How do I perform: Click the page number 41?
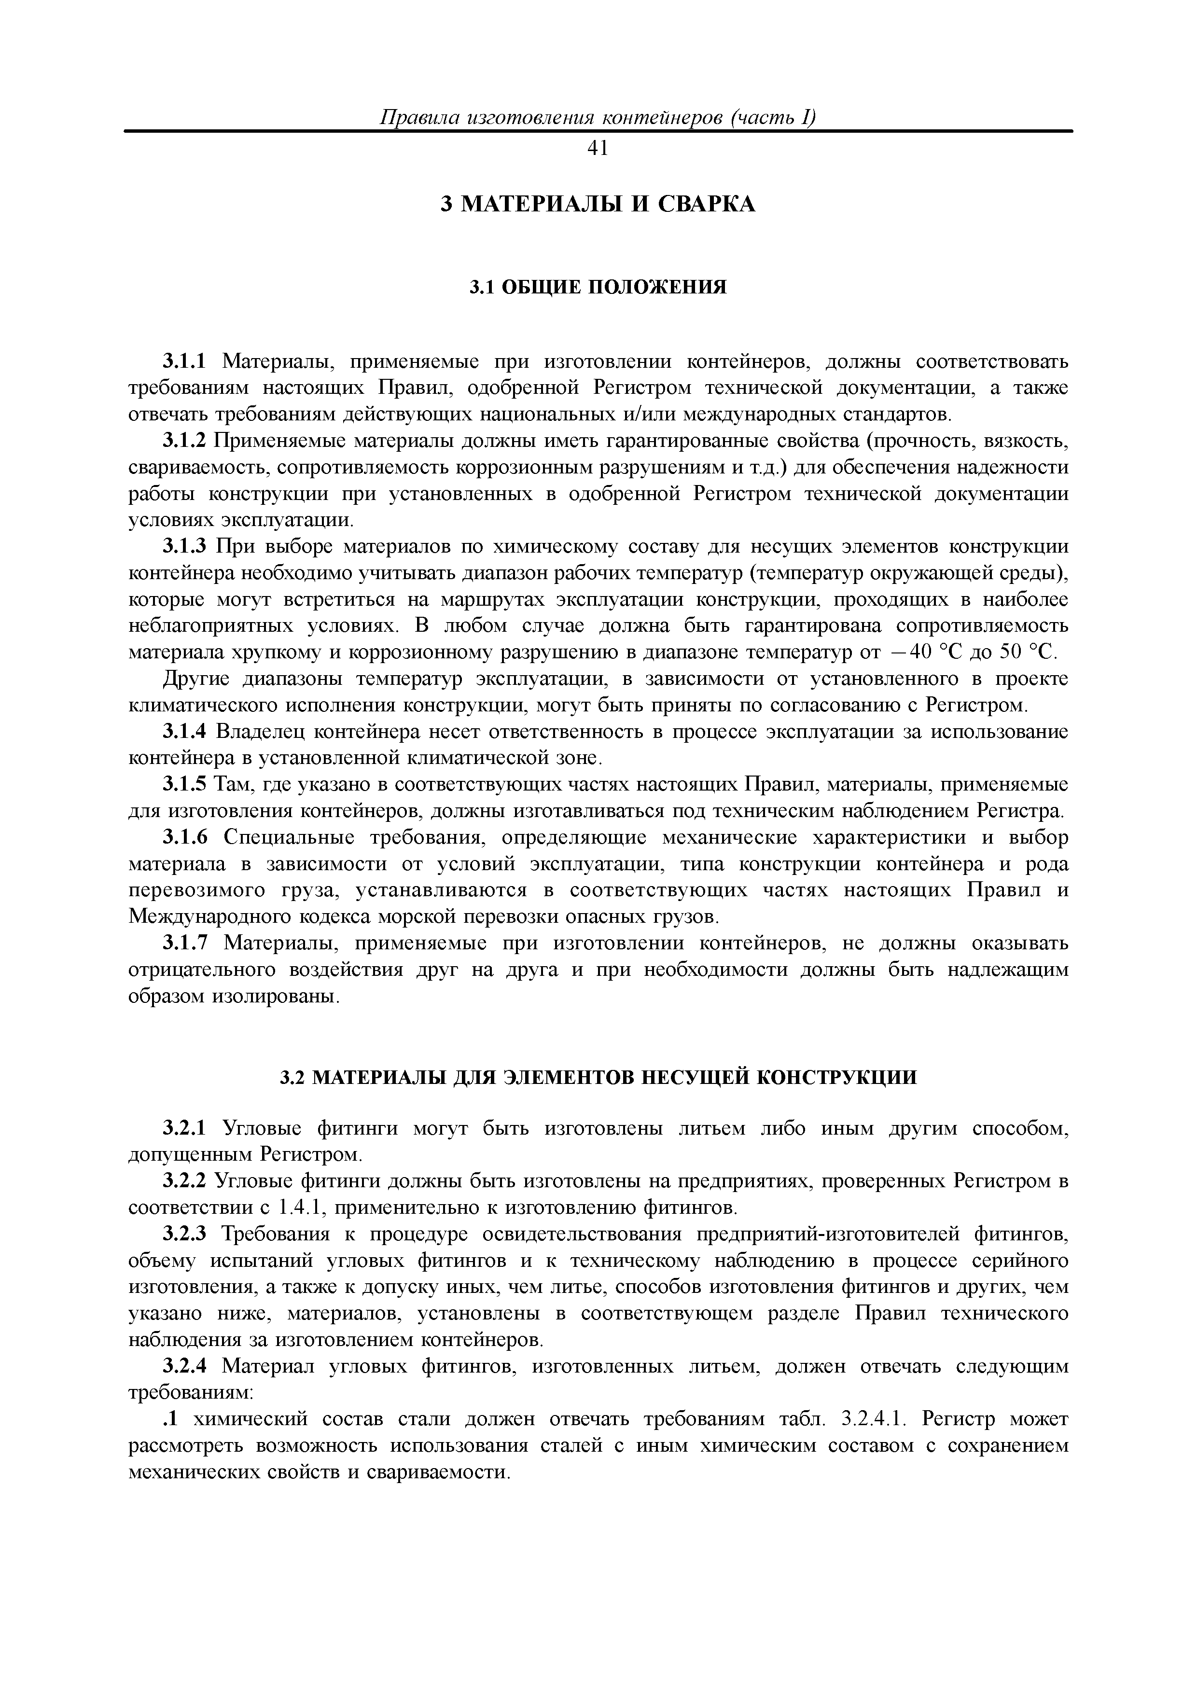(x=598, y=149)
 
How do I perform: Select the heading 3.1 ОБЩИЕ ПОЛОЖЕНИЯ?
(x=598, y=287)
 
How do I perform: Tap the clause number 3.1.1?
(x=186, y=362)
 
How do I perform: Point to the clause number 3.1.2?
(x=186, y=441)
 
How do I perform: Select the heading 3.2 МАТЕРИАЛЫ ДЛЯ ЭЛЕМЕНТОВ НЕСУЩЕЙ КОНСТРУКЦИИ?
(x=598, y=1078)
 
